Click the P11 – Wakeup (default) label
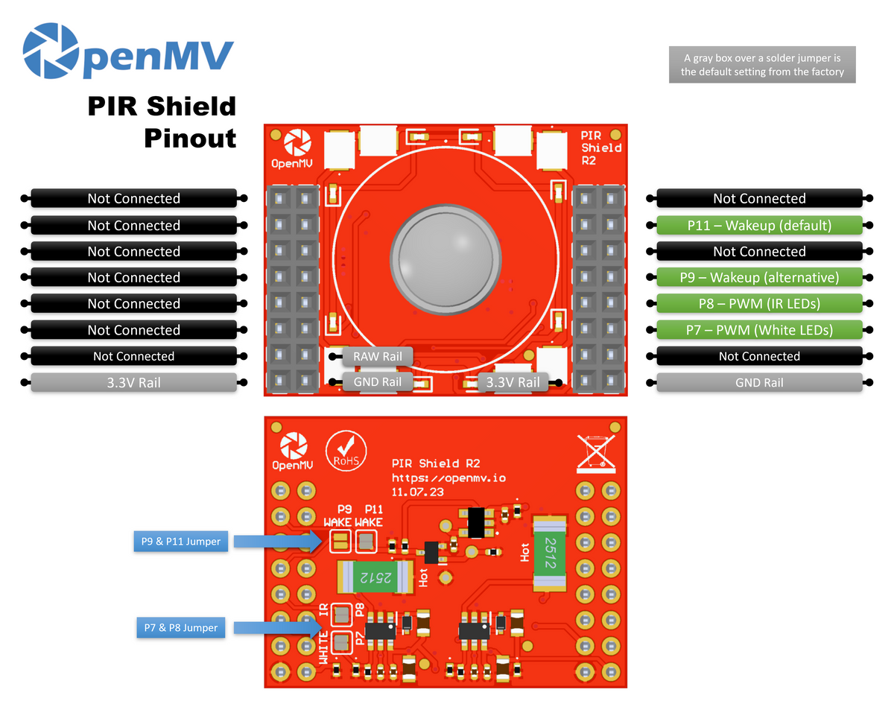(759, 225)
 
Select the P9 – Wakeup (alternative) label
(759, 278)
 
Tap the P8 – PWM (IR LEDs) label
(759, 304)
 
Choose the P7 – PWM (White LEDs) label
(759, 330)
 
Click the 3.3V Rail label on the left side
(133, 383)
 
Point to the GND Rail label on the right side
(759, 383)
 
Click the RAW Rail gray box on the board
(377, 357)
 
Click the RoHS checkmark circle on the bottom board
(346, 450)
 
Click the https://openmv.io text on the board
(448, 478)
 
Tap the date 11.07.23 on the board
(417, 492)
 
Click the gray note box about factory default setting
(761, 66)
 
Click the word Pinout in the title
(190, 138)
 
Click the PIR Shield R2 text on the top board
(600, 148)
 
